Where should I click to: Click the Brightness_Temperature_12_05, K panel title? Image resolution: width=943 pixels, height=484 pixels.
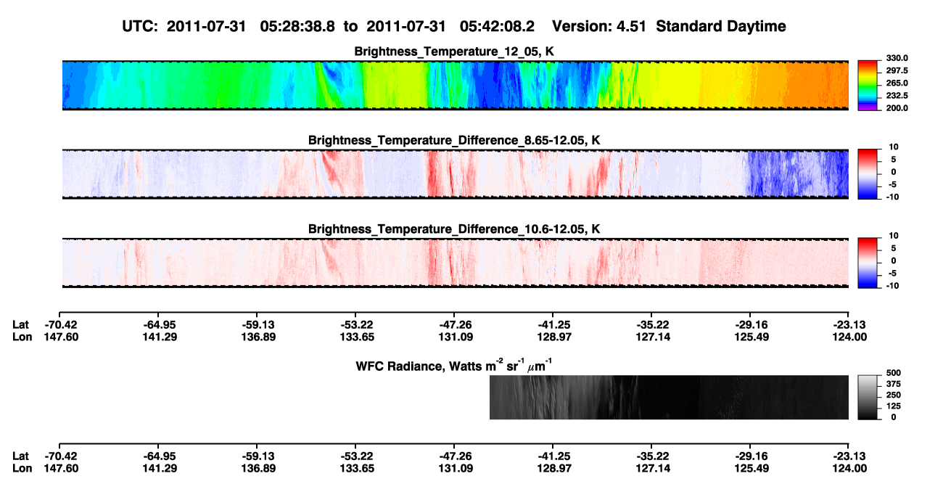click(454, 52)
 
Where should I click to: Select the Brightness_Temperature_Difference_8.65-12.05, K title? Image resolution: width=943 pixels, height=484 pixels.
click(454, 140)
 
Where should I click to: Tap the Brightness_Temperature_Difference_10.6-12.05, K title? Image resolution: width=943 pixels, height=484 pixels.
click(454, 229)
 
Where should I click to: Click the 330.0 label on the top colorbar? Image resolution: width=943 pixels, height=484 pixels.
click(897, 58)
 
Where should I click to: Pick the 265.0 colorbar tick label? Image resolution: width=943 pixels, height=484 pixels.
click(897, 83)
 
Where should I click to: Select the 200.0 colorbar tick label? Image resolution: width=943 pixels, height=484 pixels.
click(897, 108)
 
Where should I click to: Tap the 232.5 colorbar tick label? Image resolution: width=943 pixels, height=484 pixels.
click(897, 96)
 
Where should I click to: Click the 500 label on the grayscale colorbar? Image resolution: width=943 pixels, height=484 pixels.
click(894, 373)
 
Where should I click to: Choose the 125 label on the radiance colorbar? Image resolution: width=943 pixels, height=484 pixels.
click(894, 406)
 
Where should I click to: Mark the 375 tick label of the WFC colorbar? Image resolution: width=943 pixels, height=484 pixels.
click(894, 384)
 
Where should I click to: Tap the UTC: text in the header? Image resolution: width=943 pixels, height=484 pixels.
click(140, 26)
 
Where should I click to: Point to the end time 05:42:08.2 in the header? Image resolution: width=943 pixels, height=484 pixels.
click(497, 26)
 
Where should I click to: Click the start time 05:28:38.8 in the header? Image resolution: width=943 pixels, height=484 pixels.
click(297, 26)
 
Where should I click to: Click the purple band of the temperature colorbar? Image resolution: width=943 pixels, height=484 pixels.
click(868, 109)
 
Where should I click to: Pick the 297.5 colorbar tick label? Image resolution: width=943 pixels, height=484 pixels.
click(897, 71)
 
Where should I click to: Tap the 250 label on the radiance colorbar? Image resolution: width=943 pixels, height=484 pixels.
click(894, 395)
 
